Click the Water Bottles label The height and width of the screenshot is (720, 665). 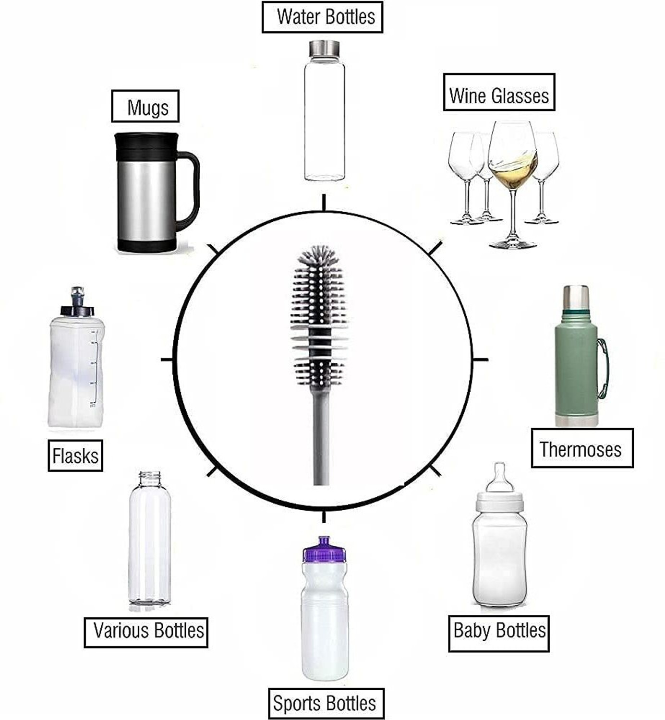(x=322, y=17)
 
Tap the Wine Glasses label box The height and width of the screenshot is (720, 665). (x=499, y=92)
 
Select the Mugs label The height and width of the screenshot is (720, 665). (x=145, y=106)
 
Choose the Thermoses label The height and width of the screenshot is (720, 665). (x=582, y=448)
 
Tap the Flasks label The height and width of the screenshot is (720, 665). (x=75, y=456)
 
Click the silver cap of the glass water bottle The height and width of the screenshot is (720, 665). (x=324, y=48)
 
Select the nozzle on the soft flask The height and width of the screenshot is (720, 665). (x=77, y=295)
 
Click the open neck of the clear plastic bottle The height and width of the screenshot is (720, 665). (x=149, y=478)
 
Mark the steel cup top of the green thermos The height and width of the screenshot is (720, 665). (x=576, y=298)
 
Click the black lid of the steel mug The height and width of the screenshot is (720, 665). (x=146, y=144)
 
